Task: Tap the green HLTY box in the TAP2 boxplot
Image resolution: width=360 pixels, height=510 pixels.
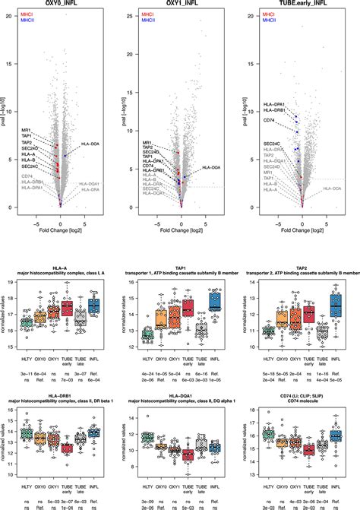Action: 267,331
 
